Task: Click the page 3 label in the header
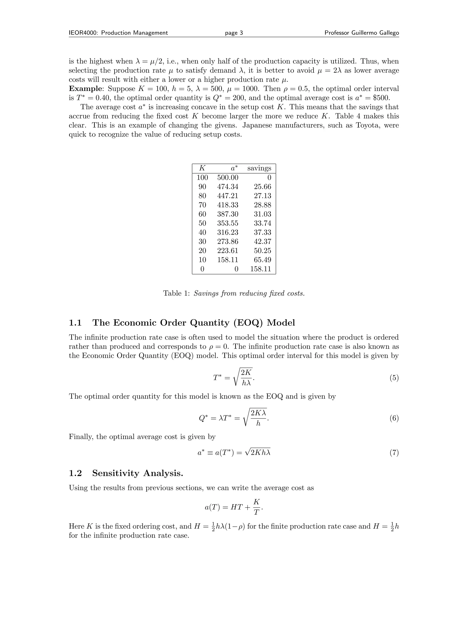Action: [x=234, y=33]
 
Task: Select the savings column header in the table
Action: [x=259, y=168]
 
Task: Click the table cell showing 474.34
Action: [x=228, y=187]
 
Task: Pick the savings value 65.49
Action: [x=262, y=260]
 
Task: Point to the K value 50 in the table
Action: [x=202, y=223]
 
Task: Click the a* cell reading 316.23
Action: [x=228, y=232]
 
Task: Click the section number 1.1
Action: [x=75, y=323]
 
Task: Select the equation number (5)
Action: [x=394, y=378]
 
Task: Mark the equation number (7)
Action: [x=394, y=453]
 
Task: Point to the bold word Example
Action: [x=85, y=89]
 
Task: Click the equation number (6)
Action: [x=394, y=418]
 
